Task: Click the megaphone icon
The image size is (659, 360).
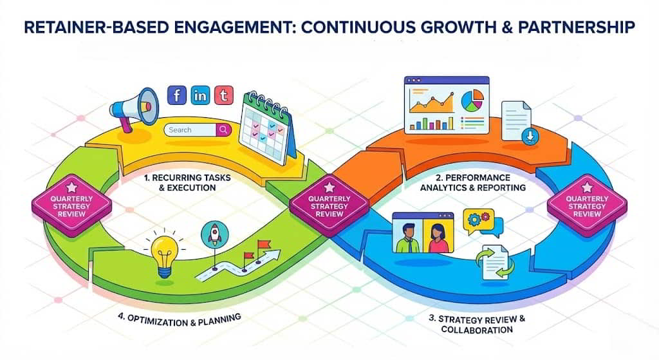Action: (x=134, y=108)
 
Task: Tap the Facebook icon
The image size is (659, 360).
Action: (x=177, y=95)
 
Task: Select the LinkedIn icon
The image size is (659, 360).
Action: (x=201, y=95)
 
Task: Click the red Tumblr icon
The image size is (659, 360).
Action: (x=223, y=95)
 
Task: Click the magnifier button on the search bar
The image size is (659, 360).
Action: (x=223, y=130)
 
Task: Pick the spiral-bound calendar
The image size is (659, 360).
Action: (x=267, y=128)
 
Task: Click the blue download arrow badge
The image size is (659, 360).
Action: (x=530, y=137)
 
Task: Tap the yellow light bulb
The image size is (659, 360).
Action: (x=165, y=255)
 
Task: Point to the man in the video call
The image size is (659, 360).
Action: (x=407, y=238)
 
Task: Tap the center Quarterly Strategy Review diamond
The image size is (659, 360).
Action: (x=329, y=203)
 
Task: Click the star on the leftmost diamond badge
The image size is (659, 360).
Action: (x=71, y=187)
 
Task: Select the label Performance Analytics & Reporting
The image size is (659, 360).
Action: (x=473, y=182)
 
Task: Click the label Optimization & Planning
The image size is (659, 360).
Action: (x=180, y=320)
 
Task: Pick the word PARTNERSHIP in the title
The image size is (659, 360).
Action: (x=577, y=27)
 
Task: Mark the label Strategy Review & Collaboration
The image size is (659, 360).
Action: (x=477, y=324)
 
